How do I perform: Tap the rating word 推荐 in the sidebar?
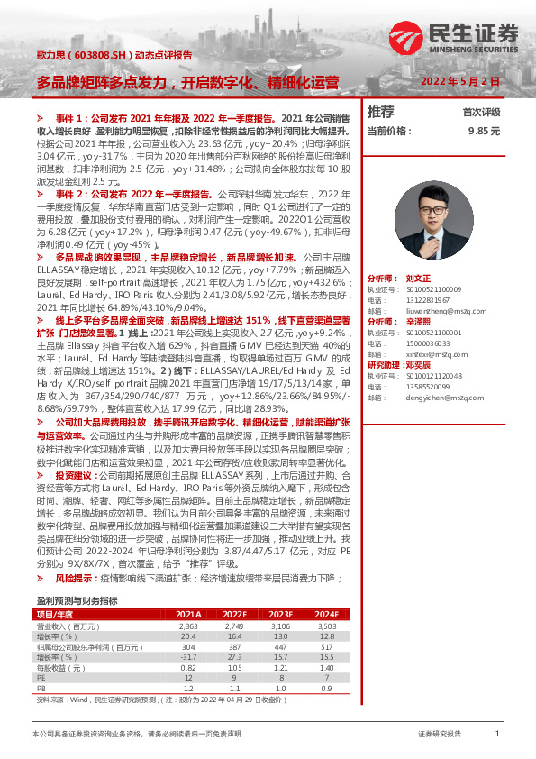[381, 112]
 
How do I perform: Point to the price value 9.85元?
[484, 131]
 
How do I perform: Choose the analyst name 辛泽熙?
[419, 321]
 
